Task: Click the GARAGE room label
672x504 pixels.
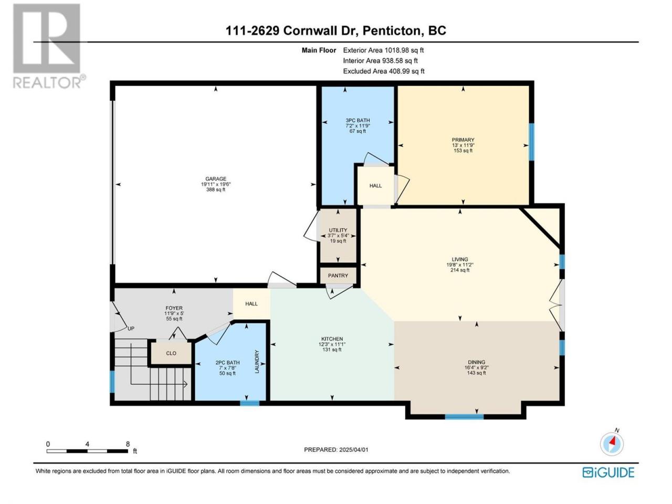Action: [x=216, y=178]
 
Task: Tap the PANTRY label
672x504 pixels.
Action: [x=338, y=276]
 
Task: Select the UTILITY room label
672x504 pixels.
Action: [x=338, y=230]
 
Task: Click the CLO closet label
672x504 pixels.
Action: [x=171, y=353]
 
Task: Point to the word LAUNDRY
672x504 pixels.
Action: [x=257, y=361]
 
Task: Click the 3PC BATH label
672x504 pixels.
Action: [x=358, y=121]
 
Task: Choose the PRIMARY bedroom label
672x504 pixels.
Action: [x=463, y=140]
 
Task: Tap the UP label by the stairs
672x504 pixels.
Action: [x=131, y=329]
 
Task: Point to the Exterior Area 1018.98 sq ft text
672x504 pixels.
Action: [x=383, y=50]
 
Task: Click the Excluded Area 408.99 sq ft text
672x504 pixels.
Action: [x=384, y=71]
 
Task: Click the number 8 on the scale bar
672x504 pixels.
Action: [x=128, y=444]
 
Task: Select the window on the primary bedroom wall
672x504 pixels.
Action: [x=531, y=142]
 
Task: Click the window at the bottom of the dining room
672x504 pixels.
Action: [x=464, y=416]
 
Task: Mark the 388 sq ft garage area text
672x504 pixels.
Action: [x=216, y=190]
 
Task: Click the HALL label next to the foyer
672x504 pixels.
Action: [x=251, y=303]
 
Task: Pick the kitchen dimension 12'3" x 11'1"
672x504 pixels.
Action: [x=332, y=344]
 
